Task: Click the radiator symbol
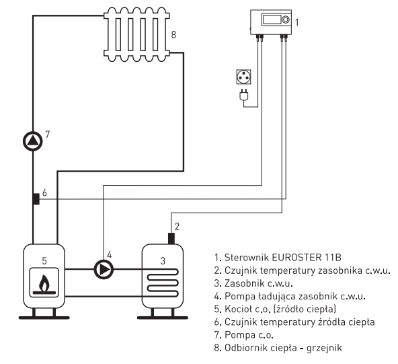point(136,34)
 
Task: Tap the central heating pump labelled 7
point(33,141)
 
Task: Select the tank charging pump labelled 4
point(104,270)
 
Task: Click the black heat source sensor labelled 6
point(36,199)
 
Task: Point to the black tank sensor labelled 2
point(171,238)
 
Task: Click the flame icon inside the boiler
point(44,285)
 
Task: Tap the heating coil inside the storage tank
point(163,283)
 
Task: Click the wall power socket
point(243,77)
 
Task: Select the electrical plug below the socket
point(244,94)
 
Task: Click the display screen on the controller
point(272,20)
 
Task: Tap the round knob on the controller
point(286,20)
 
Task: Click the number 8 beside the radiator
point(173,34)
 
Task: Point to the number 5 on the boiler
point(44,261)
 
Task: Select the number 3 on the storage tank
point(163,261)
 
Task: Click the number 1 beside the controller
point(297,22)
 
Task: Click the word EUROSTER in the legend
point(296,257)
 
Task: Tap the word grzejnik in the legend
point(324,348)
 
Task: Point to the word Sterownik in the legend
point(247,257)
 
